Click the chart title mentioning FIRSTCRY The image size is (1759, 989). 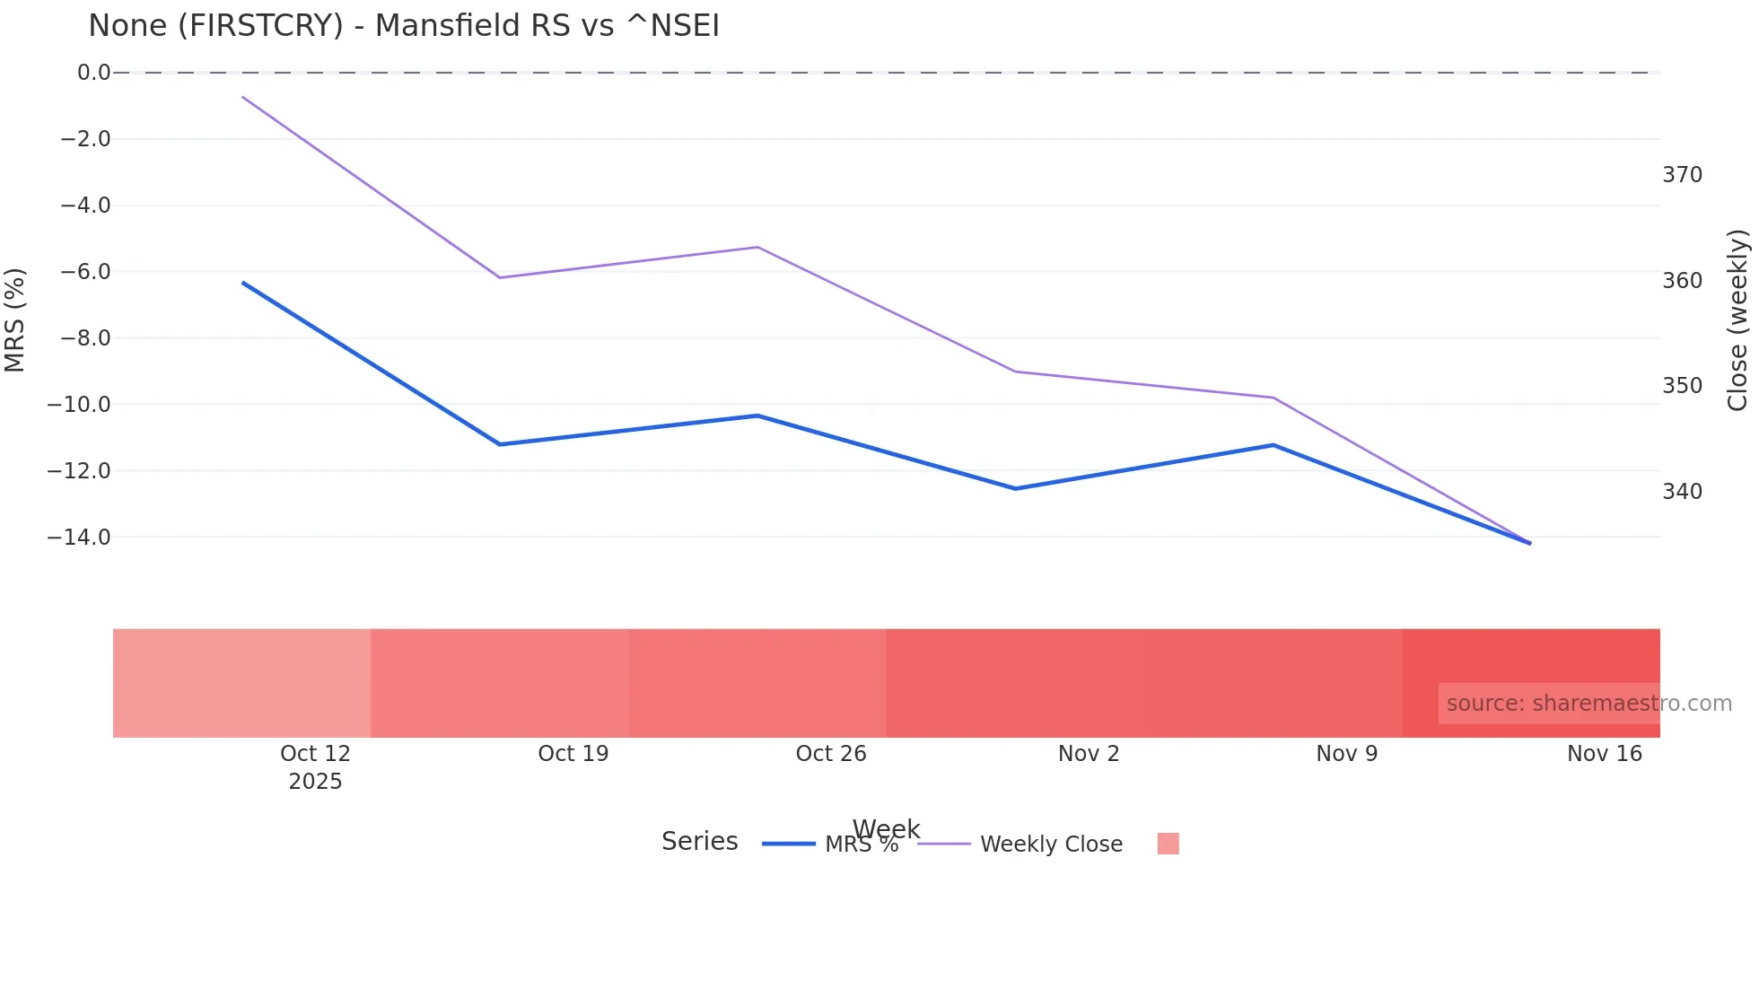click(403, 26)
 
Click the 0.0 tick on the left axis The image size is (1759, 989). click(93, 73)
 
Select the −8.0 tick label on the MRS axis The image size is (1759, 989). click(86, 338)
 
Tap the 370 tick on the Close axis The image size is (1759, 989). click(1682, 175)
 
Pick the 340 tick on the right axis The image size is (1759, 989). click(1682, 492)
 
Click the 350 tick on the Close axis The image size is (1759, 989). click(1682, 386)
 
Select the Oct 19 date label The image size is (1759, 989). click(573, 754)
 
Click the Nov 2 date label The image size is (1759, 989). click(1089, 754)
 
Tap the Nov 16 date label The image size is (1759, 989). click(1604, 754)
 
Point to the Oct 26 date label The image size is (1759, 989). click(831, 754)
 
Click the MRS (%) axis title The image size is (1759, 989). click(15, 319)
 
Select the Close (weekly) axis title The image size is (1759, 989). click(1738, 319)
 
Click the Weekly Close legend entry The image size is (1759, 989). click(1051, 845)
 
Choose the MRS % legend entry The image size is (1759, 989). click(861, 845)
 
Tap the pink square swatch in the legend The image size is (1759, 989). click(1168, 844)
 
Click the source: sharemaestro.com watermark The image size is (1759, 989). click(1588, 704)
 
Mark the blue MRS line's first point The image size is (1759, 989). click(243, 283)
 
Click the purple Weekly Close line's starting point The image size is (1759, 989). click(243, 97)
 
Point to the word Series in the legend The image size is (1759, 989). click(699, 842)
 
